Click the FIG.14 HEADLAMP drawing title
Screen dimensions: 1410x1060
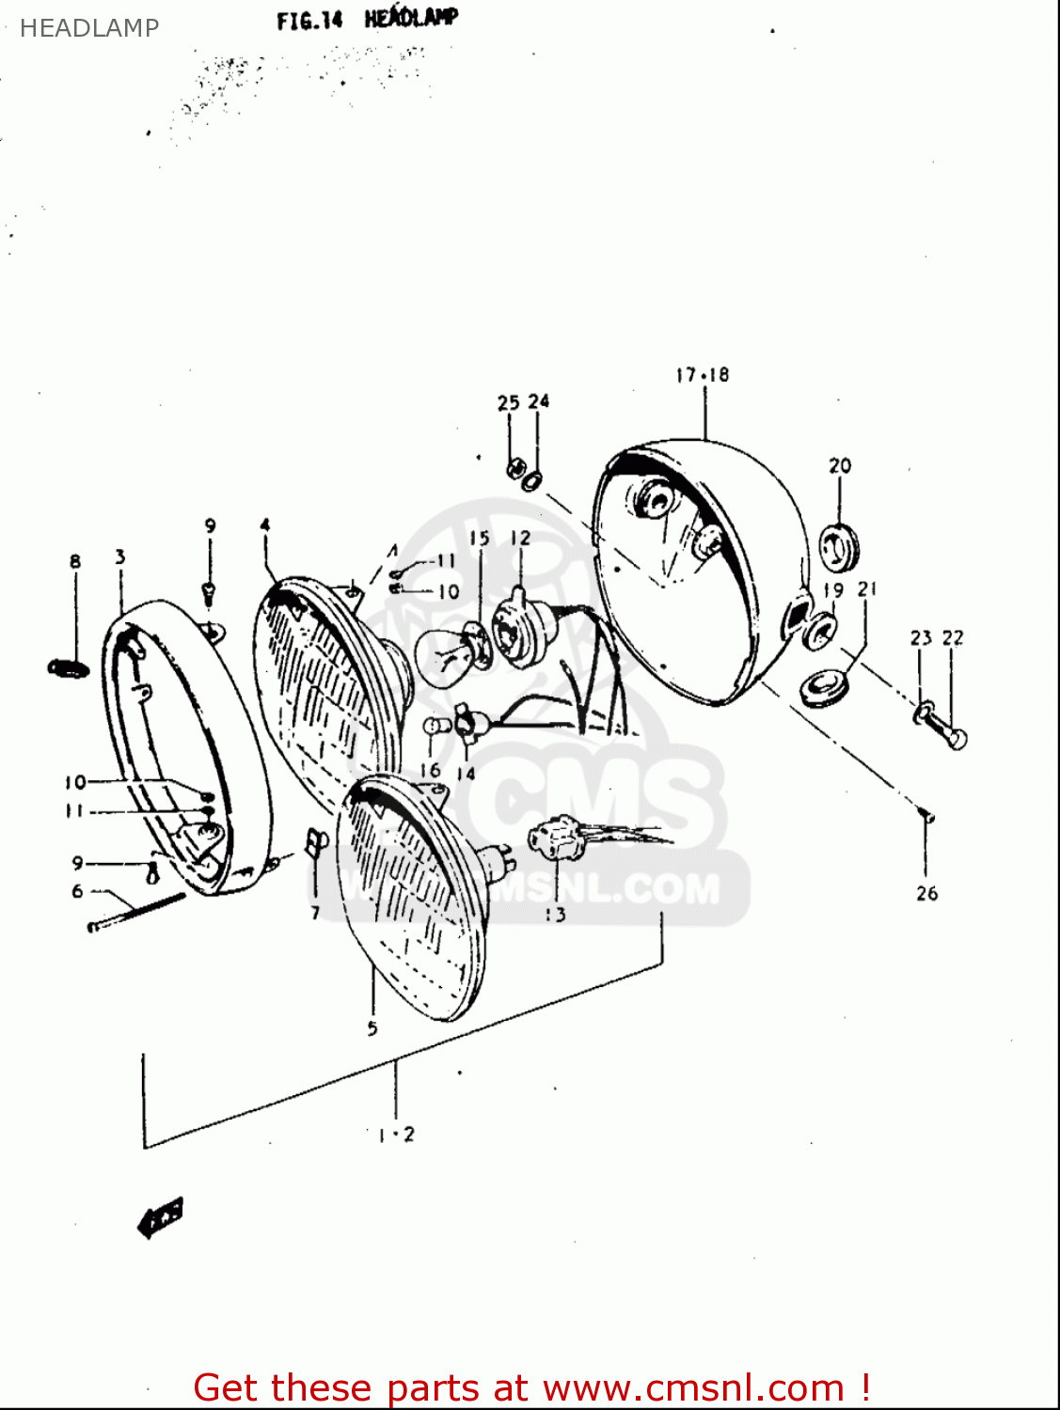367,19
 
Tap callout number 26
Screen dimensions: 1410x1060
926,893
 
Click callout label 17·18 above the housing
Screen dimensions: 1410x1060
702,375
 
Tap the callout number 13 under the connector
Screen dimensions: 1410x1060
555,914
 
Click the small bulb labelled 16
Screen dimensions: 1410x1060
433,728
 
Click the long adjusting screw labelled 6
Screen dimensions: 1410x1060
137,913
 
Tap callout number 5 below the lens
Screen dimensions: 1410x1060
372,1028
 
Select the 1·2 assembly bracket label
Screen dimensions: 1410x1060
396,1135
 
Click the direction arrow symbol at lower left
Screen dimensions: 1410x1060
161,1219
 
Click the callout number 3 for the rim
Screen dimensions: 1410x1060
119,557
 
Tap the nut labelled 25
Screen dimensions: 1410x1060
514,467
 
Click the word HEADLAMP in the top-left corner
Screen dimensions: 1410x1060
88,28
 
